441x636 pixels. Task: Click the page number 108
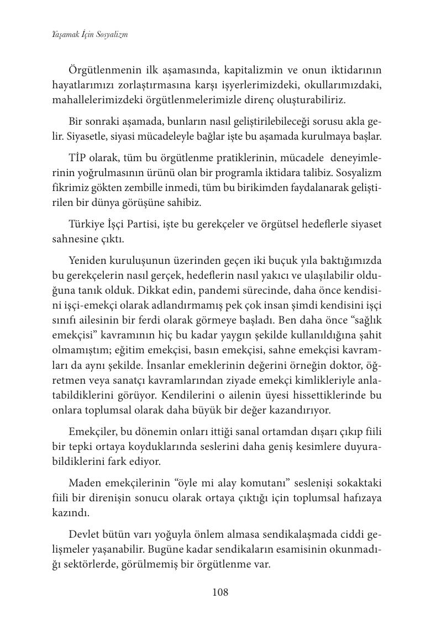(220, 592)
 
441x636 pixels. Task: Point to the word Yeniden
(88, 259)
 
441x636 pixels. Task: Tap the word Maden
(84, 483)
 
